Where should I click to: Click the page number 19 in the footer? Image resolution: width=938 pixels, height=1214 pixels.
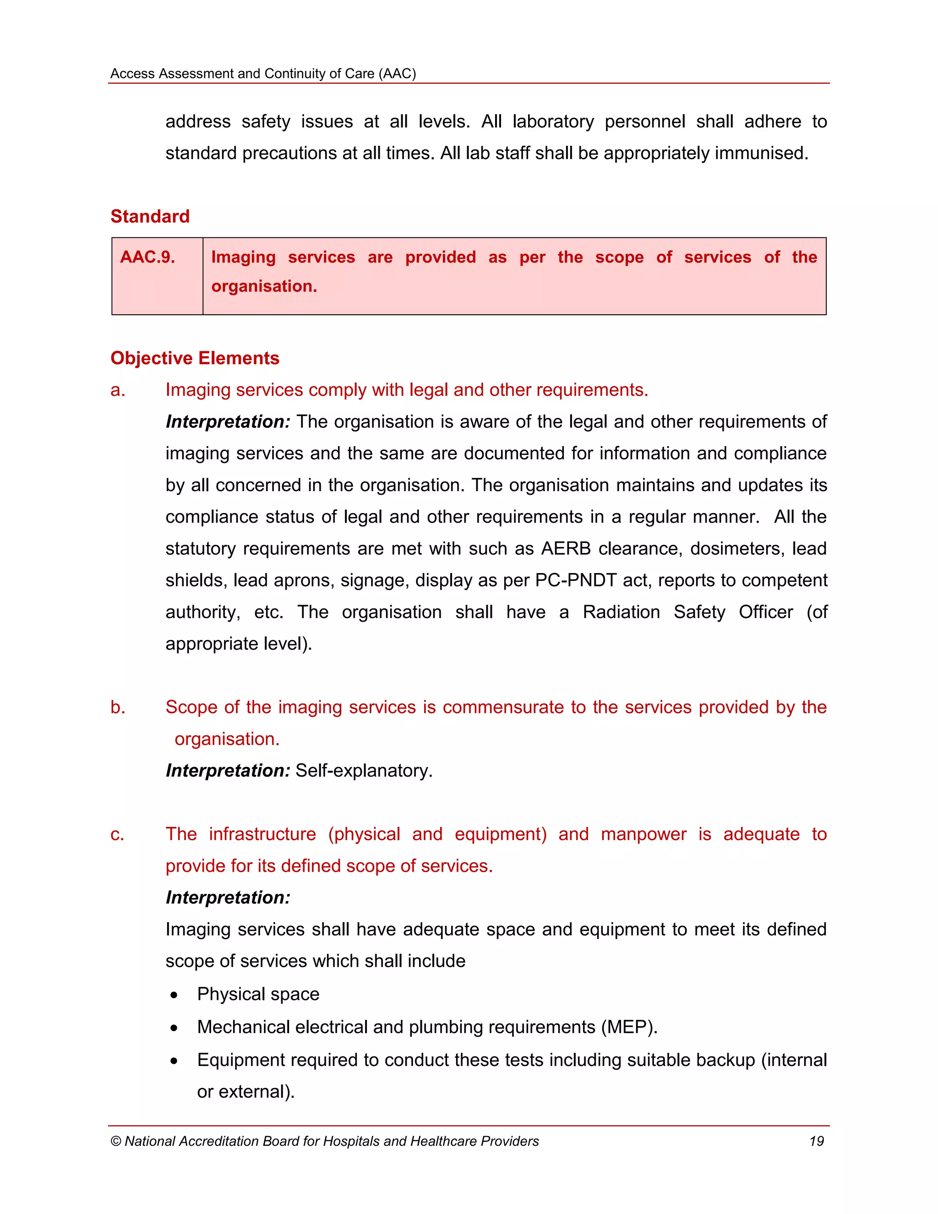(816, 1141)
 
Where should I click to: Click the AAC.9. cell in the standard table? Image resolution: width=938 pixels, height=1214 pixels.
(148, 257)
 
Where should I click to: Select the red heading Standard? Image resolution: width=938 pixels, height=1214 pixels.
(150, 216)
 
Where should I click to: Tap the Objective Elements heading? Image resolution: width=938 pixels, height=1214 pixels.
(195, 358)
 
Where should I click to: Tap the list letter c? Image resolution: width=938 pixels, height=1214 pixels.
(117, 834)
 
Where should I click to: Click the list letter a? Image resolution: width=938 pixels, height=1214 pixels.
(117, 390)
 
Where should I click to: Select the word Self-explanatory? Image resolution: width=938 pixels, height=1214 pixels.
(363, 771)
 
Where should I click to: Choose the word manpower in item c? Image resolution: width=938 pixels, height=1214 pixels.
(644, 834)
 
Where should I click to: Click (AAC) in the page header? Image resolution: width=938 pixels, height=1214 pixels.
(397, 74)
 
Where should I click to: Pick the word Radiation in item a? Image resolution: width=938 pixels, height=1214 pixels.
(621, 612)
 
